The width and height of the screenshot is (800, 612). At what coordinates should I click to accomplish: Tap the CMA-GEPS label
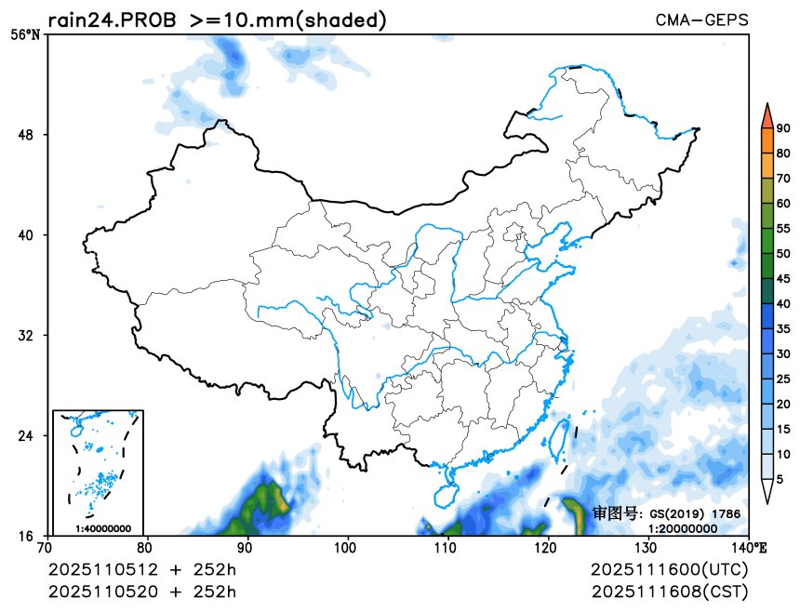pyautogui.click(x=701, y=20)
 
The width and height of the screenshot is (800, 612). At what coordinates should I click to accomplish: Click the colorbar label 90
pyautogui.click(x=783, y=128)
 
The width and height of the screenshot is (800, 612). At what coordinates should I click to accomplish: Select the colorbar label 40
pyautogui.click(x=783, y=303)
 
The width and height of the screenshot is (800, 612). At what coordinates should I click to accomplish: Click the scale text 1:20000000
pyautogui.click(x=682, y=527)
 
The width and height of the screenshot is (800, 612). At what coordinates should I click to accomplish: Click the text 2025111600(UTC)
pyautogui.click(x=669, y=569)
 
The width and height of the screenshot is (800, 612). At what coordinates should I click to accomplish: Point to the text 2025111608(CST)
pyautogui.click(x=669, y=592)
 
